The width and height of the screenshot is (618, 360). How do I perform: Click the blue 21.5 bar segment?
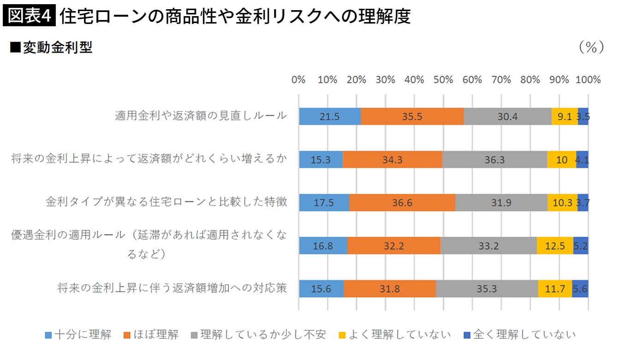[x=330, y=117]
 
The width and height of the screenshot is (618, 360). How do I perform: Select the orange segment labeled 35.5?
[x=412, y=117]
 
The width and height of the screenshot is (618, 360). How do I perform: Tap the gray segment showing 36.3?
[x=494, y=159]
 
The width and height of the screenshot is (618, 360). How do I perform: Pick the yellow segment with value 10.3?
[x=562, y=203]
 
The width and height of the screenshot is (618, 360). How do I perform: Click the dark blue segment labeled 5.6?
[x=580, y=289]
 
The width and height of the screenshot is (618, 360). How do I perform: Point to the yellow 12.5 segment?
[x=555, y=246]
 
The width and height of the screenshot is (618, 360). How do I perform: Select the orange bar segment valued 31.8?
[x=390, y=289]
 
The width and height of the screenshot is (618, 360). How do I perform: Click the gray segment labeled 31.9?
[x=501, y=203]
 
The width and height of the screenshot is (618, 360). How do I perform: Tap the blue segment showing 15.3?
[x=321, y=159]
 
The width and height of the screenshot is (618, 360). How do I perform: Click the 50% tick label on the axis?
[x=443, y=80]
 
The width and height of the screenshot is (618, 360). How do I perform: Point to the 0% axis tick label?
[x=298, y=80]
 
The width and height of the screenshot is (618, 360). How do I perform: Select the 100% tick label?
[x=588, y=80]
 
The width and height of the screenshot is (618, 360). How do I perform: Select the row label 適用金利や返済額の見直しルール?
[x=201, y=116]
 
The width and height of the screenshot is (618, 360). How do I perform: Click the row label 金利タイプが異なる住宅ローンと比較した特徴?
[x=166, y=202]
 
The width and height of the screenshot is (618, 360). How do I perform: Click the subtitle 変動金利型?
[x=52, y=47]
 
